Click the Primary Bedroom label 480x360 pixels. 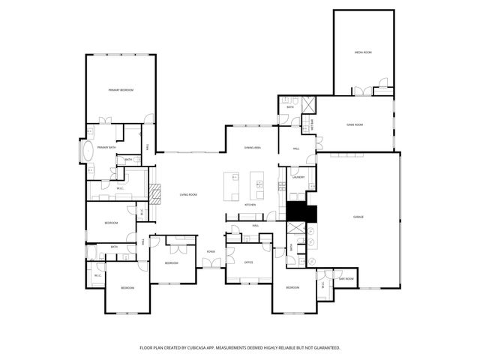[120, 90]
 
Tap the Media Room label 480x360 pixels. [363, 52]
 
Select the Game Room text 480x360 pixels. [355, 124]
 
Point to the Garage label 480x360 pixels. [358, 217]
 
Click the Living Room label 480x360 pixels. [187, 195]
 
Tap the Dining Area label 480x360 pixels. [252, 148]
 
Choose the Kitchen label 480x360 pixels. [250, 205]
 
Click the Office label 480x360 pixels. [248, 262]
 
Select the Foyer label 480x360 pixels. [211, 251]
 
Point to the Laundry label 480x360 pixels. [298, 178]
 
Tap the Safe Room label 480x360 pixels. [346, 278]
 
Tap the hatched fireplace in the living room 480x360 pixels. [154, 195]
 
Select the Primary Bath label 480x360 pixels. [107, 148]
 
